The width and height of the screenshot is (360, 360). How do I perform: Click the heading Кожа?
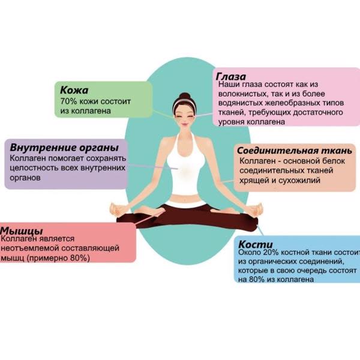(x=74, y=90)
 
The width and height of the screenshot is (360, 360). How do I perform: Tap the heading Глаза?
(x=231, y=76)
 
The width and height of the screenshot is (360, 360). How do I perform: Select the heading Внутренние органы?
(x=64, y=148)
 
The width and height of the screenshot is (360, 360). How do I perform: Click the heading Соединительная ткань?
(x=295, y=151)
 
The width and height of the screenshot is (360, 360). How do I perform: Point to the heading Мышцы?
(x=22, y=230)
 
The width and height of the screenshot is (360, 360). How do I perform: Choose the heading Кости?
(x=256, y=244)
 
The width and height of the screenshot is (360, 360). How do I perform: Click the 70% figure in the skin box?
(x=68, y=101)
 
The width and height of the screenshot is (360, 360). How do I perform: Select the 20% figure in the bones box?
(x=271, y=253)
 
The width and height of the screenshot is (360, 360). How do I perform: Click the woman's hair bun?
(x=185, y=96)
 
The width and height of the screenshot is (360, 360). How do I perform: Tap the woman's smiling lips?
(x=185, y=124)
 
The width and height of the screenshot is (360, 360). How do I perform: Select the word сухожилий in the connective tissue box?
(x=299, y=181)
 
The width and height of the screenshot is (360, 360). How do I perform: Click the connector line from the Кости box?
(x=260, y=230)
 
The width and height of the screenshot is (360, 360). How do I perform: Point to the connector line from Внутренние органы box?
(x=152, y=166)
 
